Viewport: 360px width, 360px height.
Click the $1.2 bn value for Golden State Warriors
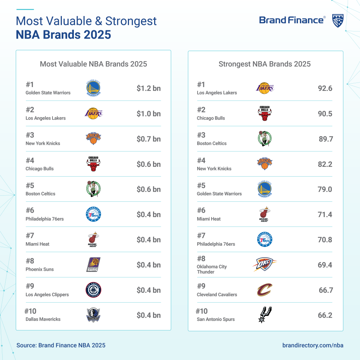tap(148, 88)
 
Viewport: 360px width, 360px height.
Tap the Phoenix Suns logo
tap(93, 265)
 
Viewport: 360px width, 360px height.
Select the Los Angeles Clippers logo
tap(93, 290)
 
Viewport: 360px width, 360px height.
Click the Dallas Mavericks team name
tap(43, 319)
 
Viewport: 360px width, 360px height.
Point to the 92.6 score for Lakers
tap(325, 88)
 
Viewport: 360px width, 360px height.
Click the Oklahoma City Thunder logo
tap(264, 265)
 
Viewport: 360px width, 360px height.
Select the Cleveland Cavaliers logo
tap(264, 290)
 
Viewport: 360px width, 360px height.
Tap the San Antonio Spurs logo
tap(264, 315)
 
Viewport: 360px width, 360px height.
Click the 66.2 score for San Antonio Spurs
tap(325, 315)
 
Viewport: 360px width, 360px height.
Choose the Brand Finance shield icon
tap(338, 21)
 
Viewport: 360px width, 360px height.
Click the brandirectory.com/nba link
tap(313, 345)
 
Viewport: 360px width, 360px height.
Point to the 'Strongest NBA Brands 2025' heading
tap(265, 64)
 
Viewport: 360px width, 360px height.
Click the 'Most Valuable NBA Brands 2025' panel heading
tap(93, 64)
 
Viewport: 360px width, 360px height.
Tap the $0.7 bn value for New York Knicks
tap(148, 139)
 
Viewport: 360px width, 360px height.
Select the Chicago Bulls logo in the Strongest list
tap(264, 114)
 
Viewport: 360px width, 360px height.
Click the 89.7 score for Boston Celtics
tap(325, 139)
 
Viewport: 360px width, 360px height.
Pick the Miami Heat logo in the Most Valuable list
tap(93, 240)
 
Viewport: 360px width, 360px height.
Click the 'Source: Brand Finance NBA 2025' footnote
tap(61, 345)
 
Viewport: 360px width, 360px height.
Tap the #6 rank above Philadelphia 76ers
tap(30, 210)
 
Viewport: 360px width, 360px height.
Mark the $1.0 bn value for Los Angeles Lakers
tap(148, 114)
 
